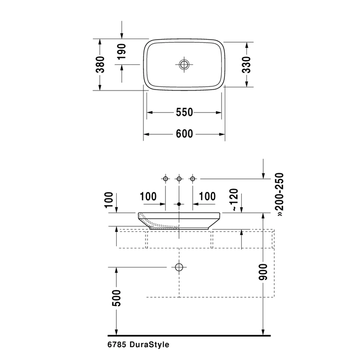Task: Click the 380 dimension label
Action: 100,64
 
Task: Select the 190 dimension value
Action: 121,51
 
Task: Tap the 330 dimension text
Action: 246,64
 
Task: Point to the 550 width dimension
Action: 184,112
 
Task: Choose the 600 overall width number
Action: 184,134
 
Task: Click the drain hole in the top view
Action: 184,64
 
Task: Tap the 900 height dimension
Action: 263,272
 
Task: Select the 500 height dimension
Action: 116,298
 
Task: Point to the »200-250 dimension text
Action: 280,195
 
